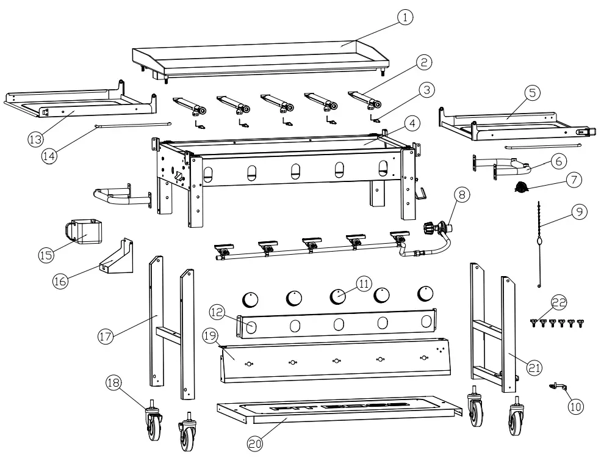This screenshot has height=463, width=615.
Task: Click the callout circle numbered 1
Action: point(403,18)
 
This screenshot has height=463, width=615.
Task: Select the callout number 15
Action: point(45,255)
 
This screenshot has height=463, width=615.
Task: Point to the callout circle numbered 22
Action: point(559,302)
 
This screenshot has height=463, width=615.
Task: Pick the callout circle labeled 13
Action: point(35,139)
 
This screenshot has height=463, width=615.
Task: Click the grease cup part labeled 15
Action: point(83,233)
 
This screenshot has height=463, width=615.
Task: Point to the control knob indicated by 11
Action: point(337,296)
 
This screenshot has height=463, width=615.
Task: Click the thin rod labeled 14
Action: point(131,125)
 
